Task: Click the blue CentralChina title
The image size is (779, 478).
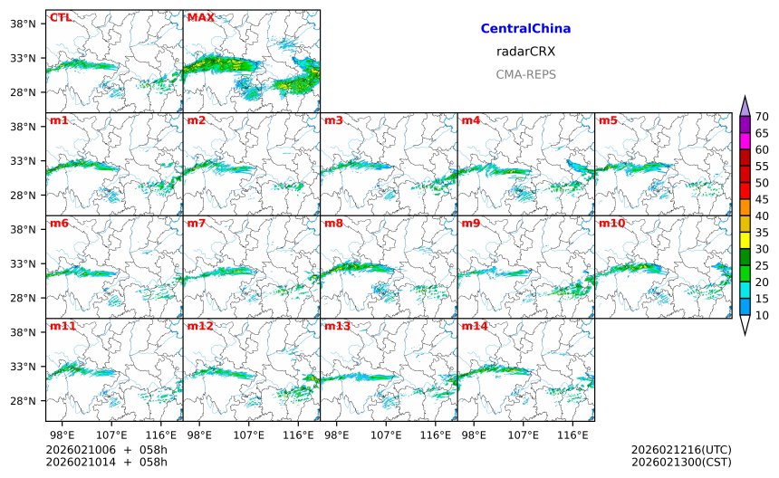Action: point(525,29)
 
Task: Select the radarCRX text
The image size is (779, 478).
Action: point(525,52)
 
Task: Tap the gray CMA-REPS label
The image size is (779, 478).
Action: point(525,74)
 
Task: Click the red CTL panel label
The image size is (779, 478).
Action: point(60,17)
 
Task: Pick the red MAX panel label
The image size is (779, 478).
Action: point(200,17)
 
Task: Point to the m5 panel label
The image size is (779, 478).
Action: point(608,120)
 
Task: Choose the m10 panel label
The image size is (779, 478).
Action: point(611,223)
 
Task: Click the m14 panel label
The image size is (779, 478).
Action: point(474,325)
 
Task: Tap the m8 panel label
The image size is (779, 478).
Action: point(333,223)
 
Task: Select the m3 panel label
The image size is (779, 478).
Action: point(333,120)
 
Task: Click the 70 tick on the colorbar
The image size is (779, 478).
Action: point(762,116)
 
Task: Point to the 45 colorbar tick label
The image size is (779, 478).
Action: point(762,199)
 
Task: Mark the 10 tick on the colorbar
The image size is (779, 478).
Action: point(762,315)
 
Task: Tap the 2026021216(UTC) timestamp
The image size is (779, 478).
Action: point(680,450)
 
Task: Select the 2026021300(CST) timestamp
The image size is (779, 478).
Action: point(680,463)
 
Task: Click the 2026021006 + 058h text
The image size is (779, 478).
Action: point(107,450)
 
